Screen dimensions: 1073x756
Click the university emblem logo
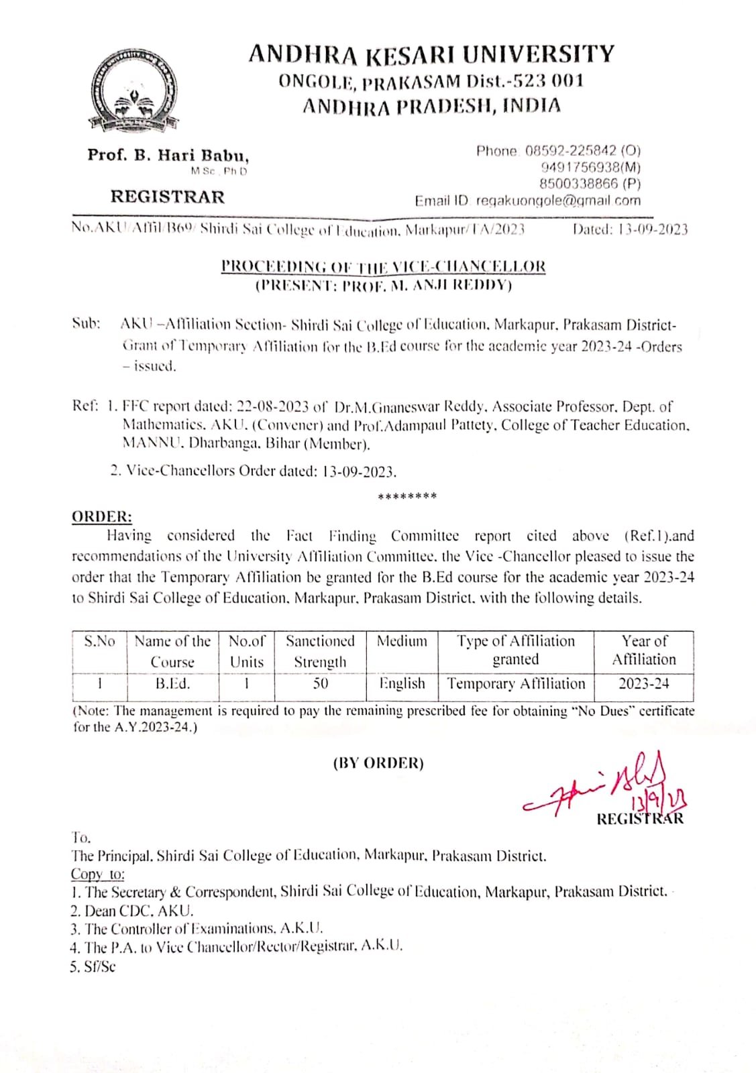pos(134,91)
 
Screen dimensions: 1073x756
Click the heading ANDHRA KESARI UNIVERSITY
pos(431,54)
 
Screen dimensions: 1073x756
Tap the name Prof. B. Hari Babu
pos(168,156)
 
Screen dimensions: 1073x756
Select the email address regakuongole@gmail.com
pos(558,201)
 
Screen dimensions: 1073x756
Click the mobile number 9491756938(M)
pos(590,168)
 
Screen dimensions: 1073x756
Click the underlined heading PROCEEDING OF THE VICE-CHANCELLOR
pos(383,266)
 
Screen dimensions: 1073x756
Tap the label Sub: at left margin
pos(87,324)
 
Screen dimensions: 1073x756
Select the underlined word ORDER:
pos(102,516)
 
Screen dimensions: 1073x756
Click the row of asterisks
pos(407,497)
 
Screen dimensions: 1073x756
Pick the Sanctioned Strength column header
pos(320,651)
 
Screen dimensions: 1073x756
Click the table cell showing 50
pos(321,683)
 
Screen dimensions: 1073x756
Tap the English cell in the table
pos(402,683)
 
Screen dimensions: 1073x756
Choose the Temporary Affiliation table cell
pos(516,683)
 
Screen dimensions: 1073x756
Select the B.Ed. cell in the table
pos(172,683)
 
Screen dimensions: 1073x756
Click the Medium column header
pos(402,641)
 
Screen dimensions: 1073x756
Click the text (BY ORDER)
pos(378,763)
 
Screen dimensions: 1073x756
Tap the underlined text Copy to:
pos(98,874)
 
